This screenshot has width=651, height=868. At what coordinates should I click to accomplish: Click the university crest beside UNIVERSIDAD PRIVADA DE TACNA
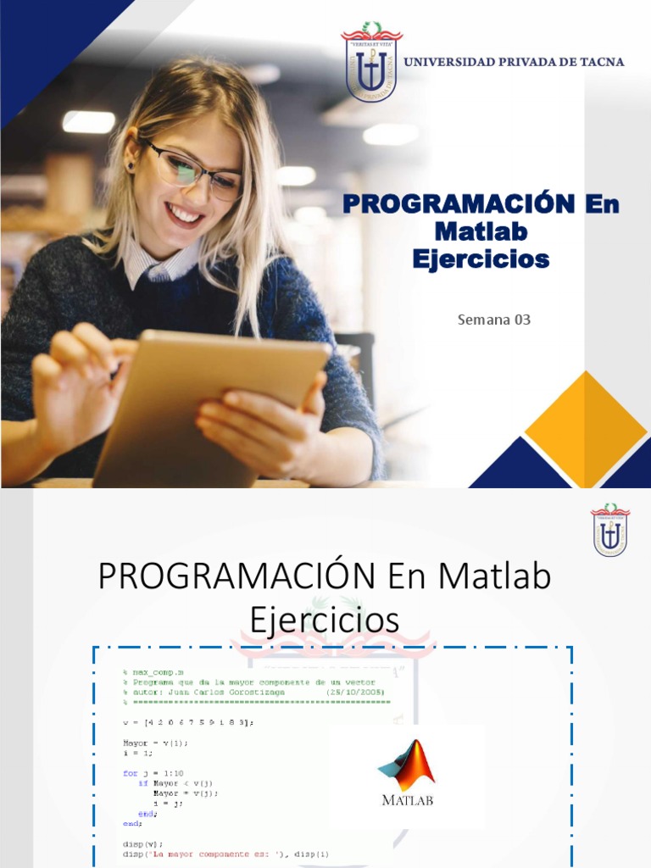click(372, 62)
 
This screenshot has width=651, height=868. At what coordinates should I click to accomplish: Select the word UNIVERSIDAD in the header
click(445, 62)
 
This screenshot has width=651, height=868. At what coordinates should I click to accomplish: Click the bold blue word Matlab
click(481, 231)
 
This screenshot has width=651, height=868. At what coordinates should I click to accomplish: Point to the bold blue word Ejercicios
click(481, 259)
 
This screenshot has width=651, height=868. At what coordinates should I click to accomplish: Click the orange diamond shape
click(585, 430)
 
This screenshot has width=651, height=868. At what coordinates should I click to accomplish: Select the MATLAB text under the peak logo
click(408, 799)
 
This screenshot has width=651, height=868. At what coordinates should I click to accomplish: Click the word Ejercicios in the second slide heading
click(325, 620)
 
